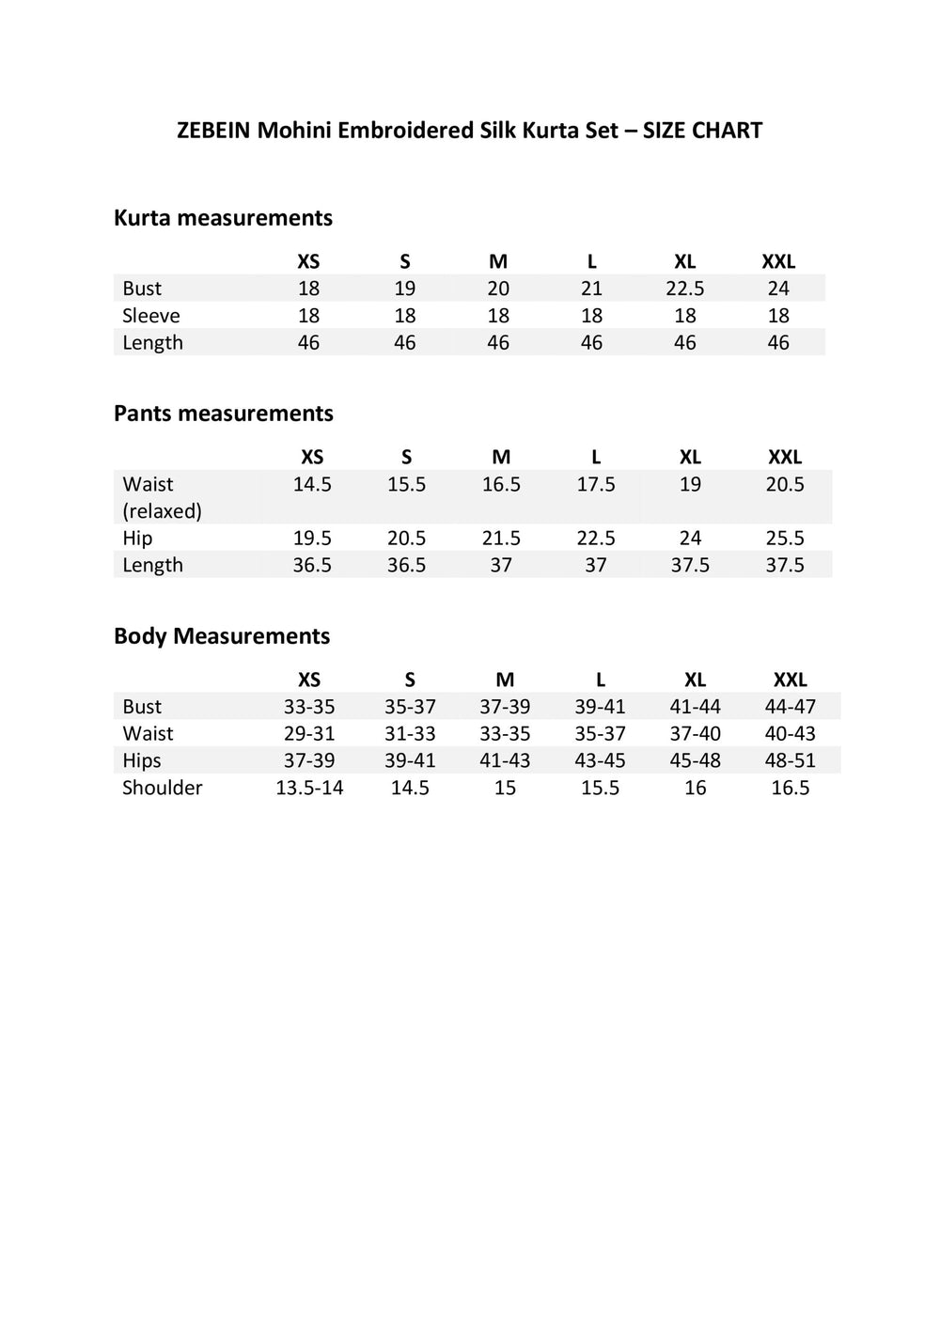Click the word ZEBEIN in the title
[213, 131]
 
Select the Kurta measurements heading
[223, 218]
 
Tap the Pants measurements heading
[223, 414]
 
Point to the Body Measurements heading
[222, 636]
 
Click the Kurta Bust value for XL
[685, 289]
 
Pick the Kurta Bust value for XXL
[778, 289]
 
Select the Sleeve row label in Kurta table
[150, 316]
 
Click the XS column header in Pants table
[312, 457]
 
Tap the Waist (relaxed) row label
[162, 497]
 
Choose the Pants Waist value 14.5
[312, 484]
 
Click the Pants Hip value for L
[596, 538]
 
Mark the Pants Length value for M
[501, 565]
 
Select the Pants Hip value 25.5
[785, 538]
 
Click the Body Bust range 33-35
[309, 707]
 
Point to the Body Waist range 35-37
[600, 734]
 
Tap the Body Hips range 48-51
[790, 760]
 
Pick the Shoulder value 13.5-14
[309, 788]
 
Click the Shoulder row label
[162, 788]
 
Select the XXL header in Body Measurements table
[790, 680]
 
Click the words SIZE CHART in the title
[702, 131]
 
